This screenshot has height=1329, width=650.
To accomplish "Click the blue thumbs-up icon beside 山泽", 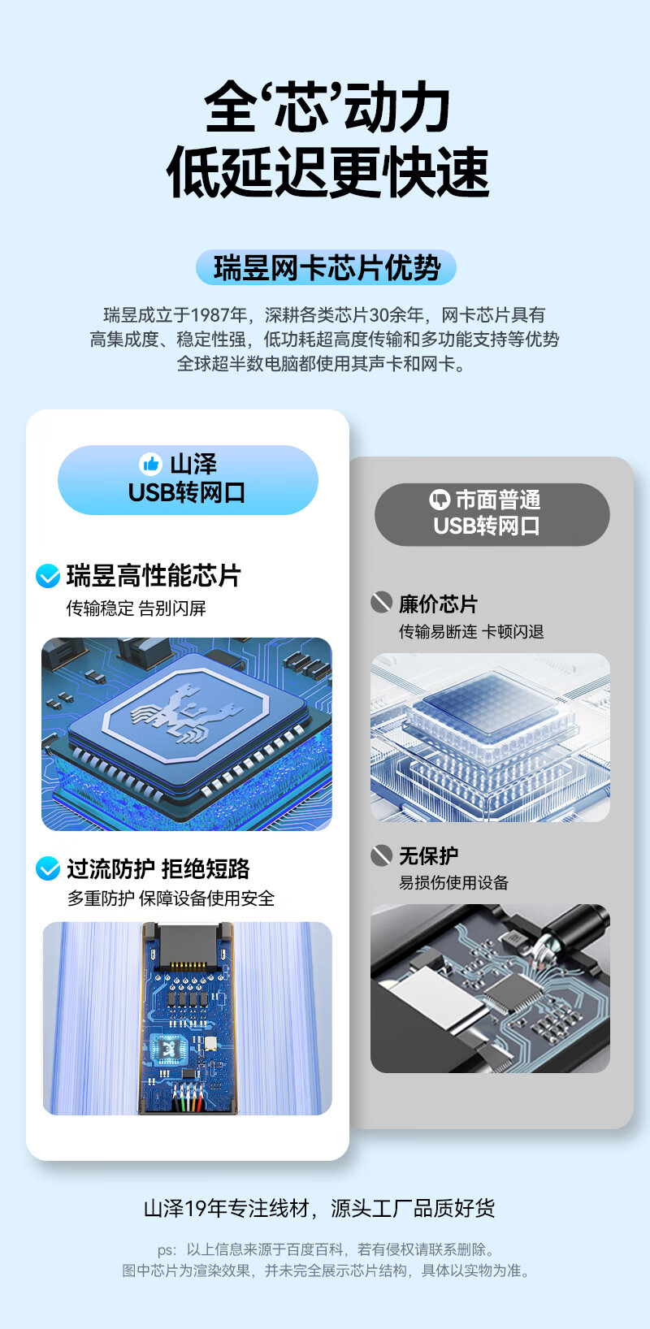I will click(151, 464).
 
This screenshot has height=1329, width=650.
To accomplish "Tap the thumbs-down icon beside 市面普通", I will click(440, 499).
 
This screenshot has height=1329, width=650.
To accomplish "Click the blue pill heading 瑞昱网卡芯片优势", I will click(326, 267).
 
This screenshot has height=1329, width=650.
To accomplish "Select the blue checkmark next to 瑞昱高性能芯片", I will click(48, 576).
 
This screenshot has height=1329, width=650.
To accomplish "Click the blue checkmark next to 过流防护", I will click(48, 868).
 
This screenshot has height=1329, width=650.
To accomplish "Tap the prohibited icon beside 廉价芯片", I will click(381, 603).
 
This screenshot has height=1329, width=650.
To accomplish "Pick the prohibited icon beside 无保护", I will click(381, 855).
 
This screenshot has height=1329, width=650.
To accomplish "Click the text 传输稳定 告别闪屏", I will click(136, 608).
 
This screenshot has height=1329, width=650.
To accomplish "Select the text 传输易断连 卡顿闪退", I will click(470, 632).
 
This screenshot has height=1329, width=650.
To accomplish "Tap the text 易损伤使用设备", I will click(453, 883).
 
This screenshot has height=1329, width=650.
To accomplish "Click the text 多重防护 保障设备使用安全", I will click(171, 898).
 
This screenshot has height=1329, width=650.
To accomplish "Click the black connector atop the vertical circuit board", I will click(187, 943).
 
